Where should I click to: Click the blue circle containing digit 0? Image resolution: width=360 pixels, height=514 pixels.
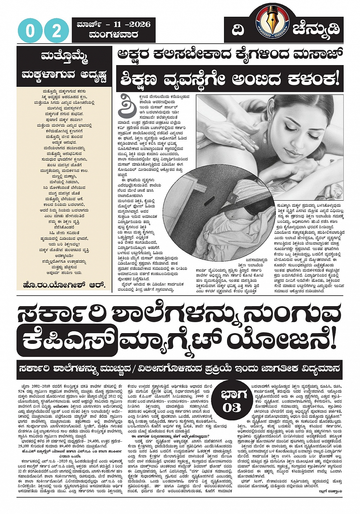pos(30,30)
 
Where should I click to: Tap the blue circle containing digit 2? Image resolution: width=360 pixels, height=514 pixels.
pos(56,30)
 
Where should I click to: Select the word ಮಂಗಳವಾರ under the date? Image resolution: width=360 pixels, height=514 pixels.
pos(113,35)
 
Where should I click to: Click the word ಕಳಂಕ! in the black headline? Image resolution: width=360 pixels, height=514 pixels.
pos(312,79)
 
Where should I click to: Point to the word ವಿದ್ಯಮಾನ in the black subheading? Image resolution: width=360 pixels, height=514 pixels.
pos(317,369)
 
